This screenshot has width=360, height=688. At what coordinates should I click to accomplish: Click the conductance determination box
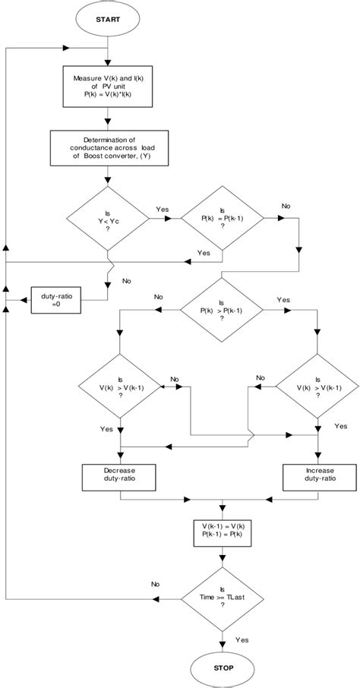coord(109,148)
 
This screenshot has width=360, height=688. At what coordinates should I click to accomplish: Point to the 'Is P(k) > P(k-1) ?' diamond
coord(221,310)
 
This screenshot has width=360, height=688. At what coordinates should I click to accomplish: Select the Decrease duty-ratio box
coord(119,477)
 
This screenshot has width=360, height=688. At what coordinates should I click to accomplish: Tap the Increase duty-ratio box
coord(314,477)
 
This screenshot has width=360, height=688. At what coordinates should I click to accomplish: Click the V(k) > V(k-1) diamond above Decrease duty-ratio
coord(119,386)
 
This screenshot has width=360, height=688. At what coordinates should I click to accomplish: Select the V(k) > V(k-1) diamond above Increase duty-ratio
coord(314,386)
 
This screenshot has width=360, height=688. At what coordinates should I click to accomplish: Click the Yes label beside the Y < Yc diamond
coord(163,208)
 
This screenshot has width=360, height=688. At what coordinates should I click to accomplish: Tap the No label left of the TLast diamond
coord(154,584)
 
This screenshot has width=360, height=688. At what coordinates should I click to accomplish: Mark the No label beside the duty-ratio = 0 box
coord(126,281)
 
